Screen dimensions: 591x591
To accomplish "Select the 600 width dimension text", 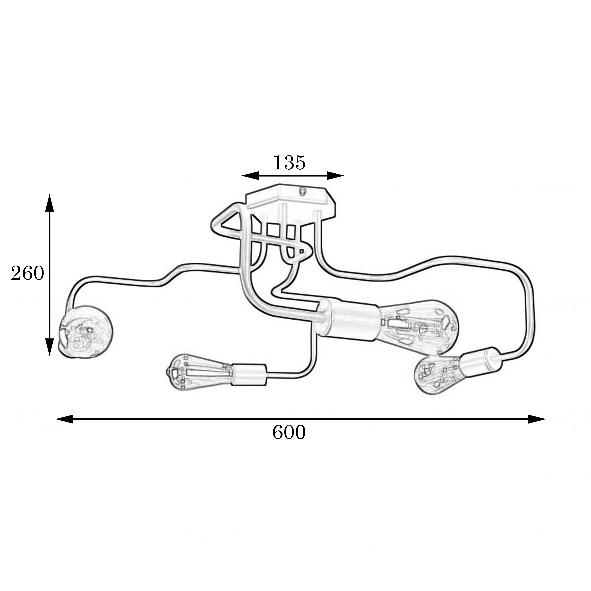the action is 289,433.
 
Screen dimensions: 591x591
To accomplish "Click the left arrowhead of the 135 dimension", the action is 250,176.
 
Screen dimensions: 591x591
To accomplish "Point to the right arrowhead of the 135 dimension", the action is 335,176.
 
